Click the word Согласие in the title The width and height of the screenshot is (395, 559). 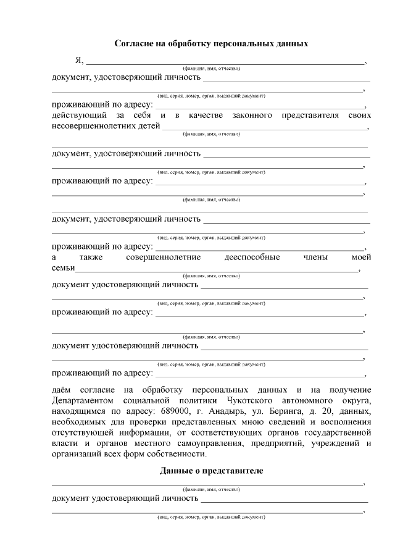point(135,44)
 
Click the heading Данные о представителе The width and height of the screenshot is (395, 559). point(211,471)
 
